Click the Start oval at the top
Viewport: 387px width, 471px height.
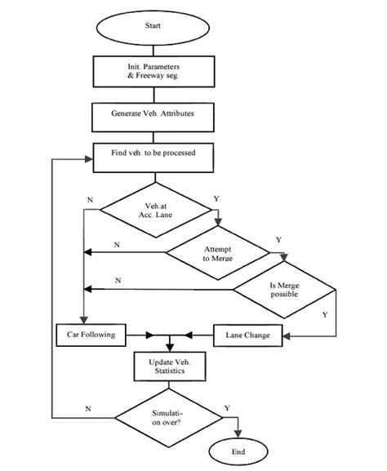click(153, 26)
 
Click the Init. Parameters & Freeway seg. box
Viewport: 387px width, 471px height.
click(153, 70)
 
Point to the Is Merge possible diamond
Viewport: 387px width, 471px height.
click(284, 290)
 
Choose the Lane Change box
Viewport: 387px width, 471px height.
click(247, 334)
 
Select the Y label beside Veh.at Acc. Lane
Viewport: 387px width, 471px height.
click(216, 198)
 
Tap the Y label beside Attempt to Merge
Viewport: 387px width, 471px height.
click(278, 239)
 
